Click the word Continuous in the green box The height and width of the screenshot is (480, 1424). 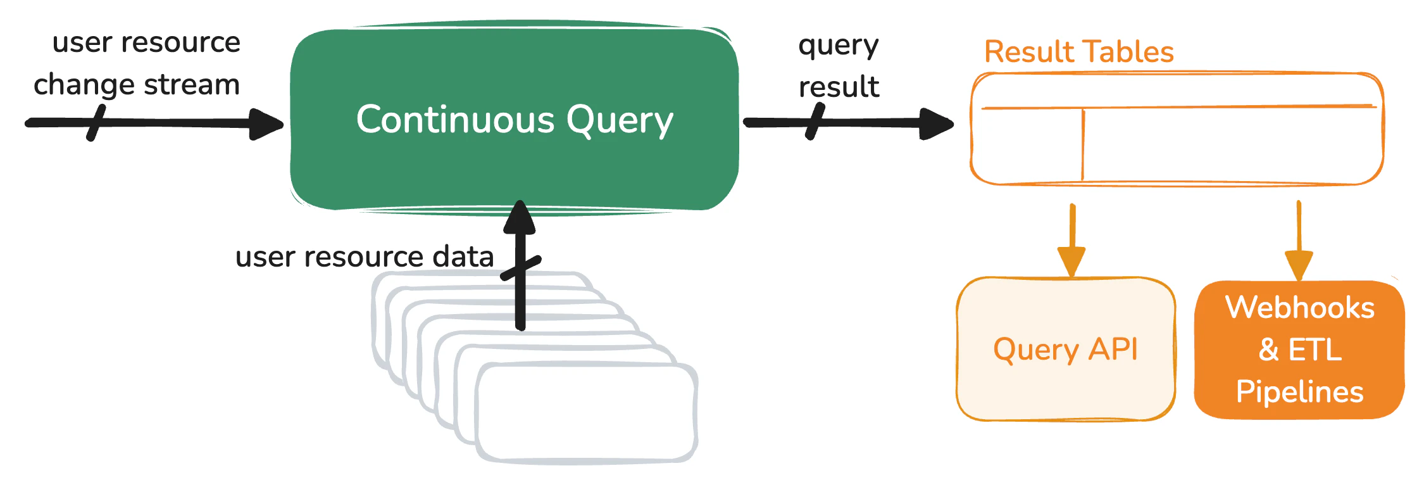coord(455,119)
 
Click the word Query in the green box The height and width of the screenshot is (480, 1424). coord(619,120)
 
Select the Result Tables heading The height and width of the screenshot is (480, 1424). coord(1078,51)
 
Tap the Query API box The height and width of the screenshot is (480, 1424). coord(1065,350)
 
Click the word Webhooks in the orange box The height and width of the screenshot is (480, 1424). coord(1299,307)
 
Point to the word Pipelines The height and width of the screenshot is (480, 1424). coord(1299,391)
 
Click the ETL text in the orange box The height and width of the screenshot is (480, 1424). coord(1315,350)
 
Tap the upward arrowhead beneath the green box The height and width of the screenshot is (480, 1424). coord(520,218)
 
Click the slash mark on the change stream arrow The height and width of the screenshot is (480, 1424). coord(96,123)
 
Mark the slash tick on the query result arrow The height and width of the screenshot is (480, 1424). coord(815,122)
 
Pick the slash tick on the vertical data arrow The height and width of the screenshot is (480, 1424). coord(520,268)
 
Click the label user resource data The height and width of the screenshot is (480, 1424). coord(364,256)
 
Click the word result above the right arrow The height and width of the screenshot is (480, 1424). coord(839,87)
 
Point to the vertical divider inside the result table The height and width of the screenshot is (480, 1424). coord(1083,146)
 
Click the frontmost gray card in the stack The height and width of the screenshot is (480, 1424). coord(585,412)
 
